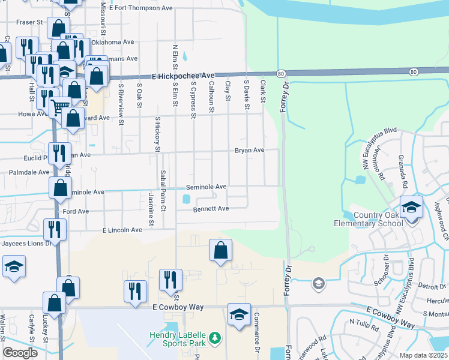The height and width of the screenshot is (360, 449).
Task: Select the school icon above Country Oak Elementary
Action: coord(412,208)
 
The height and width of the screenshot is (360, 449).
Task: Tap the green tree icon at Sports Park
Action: coord(214,340)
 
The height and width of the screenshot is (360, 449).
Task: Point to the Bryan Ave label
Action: coord(249,150)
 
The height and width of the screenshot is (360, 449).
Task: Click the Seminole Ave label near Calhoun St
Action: coord(206,187)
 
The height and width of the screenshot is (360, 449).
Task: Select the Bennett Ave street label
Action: coord(211,209)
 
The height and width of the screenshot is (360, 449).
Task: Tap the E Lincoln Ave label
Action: coord(122,230)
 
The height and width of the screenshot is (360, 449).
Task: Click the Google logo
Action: coord(20,353)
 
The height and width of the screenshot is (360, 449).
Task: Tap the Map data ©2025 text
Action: coord(424,355)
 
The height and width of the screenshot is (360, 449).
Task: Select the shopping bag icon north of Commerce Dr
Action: coord(221,251)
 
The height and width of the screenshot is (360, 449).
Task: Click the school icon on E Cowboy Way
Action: coord(239,315)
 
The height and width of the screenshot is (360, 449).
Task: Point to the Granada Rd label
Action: coord(403,170)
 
